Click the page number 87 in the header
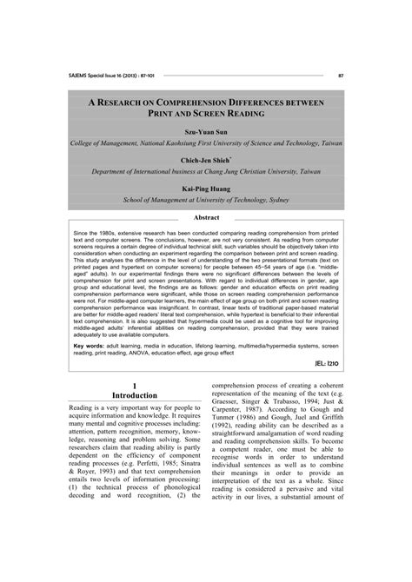[x=341, y=75]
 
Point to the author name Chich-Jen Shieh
[x=206, y=162]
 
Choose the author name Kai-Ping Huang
[x=206, y=188]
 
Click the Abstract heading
[x=206, y=217]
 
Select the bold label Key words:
[x=90, y=344]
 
